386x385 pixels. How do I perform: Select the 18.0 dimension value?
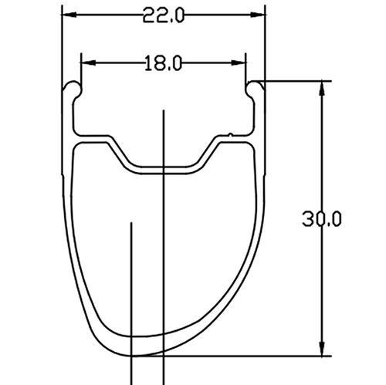pyautogui.click(x=162, y=63)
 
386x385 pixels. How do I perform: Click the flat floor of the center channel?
pyautogui.click(x=163, y=166)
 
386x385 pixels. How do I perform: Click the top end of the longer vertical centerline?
pyautogui.click(x=164, y=113)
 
